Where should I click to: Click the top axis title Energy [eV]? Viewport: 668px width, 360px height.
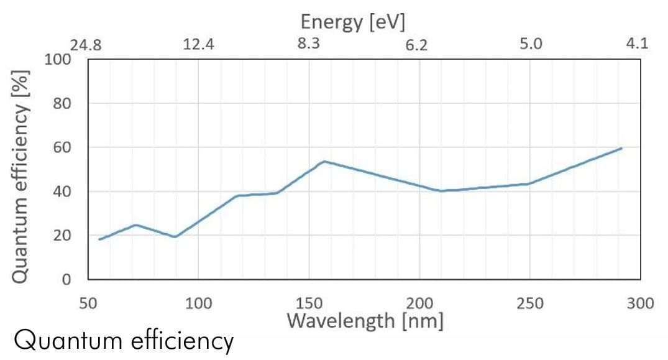coord(353,22)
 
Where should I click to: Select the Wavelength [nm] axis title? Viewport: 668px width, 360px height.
coord(365,321)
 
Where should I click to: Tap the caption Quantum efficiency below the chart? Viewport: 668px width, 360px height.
coord(124,341)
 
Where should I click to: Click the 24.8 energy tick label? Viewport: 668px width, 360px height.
coord(85,45)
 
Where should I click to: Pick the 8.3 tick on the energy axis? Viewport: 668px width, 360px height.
coord(309,44)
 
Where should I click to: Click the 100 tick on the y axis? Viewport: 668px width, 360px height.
coord(57,60)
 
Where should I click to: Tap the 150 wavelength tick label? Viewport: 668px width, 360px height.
coord(309,303)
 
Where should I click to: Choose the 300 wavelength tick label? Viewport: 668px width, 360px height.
coord(641,303)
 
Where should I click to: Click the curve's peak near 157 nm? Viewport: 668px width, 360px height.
coord(324,162)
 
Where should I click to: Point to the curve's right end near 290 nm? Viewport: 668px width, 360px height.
coord(621,149)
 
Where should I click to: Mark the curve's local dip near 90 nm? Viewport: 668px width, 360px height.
coord(175,237)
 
